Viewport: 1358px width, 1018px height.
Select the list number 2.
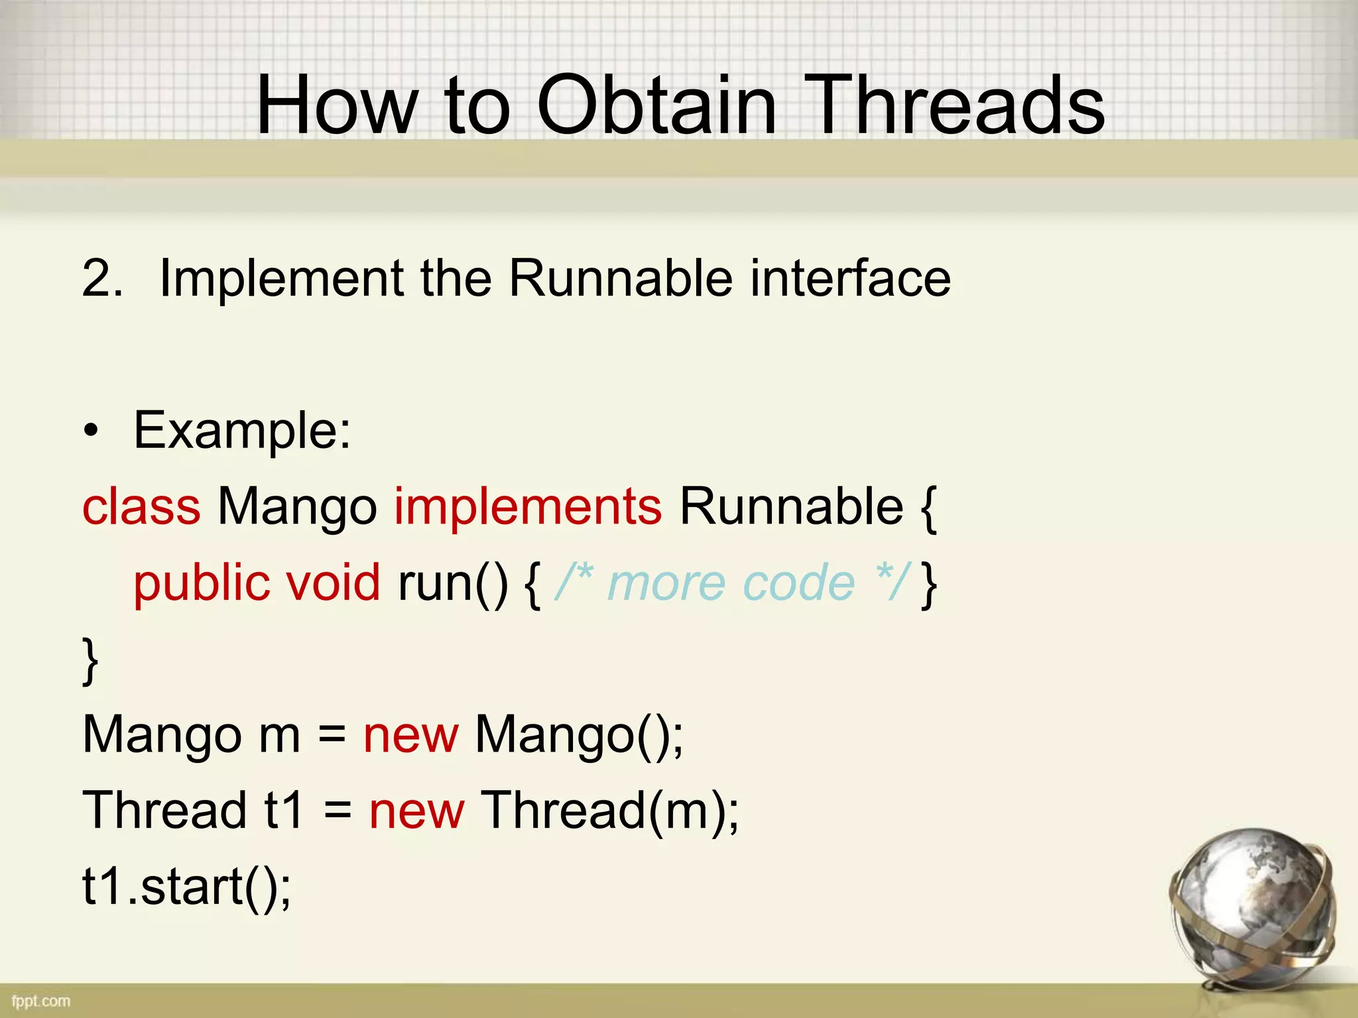coord(101,278)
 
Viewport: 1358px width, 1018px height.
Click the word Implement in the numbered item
coord(282,279)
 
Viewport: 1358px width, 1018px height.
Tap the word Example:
coord(242,431)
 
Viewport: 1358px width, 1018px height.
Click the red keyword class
coord(141,507)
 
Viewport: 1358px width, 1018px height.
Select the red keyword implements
coord(528,507)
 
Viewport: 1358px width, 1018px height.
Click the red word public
coord(202,583)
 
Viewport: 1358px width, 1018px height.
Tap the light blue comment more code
coord(731,583)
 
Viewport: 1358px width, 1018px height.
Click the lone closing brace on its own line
coord(90,660)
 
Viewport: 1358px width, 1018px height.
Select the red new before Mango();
coord(410,736)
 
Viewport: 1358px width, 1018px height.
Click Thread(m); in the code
coord(609,811)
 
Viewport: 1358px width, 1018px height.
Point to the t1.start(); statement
coord(186,887)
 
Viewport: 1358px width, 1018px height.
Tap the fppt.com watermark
coord(40,1001)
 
